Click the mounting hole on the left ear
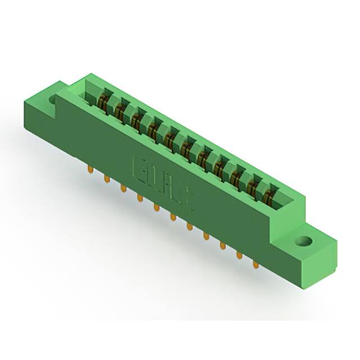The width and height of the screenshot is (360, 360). [54, 100]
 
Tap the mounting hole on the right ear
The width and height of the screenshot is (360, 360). [304, 242]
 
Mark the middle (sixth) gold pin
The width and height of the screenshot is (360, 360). [173, 216]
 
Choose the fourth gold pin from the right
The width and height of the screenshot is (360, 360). [206, 235]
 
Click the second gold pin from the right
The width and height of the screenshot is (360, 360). [240, 254]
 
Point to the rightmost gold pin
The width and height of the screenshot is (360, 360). [256, 263]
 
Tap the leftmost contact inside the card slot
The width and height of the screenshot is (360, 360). [103, 103]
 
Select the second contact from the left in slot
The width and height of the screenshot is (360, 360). [119, 112]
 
